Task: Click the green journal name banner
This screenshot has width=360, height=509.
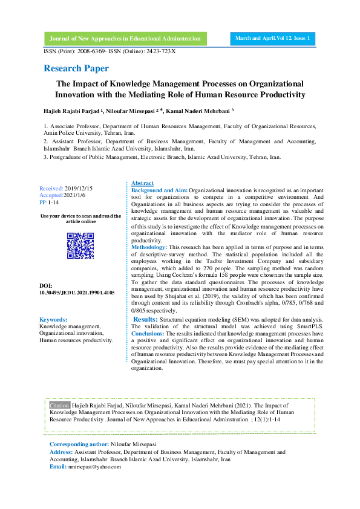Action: coord(125,38)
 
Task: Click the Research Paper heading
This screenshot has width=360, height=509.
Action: coord(76,68)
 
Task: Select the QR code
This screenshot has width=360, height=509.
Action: coord(80,246)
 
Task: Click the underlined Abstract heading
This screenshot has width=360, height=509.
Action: coord(142,183)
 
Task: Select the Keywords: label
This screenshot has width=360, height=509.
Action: coord(53,319)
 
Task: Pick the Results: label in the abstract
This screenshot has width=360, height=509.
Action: coord(145,319)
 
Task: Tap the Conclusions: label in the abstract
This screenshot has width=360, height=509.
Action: coord(148,333)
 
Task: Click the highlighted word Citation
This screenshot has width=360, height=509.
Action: coord(60,404)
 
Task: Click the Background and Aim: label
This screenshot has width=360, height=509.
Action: coord(159,190)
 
